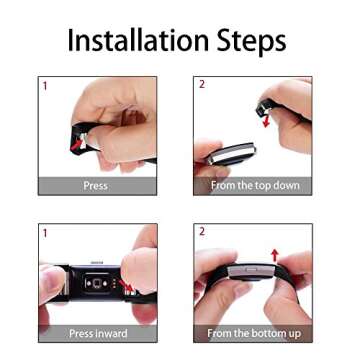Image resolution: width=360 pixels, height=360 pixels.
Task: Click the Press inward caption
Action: [x=98, y=332]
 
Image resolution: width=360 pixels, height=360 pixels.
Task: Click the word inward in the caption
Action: [x=112, y=332]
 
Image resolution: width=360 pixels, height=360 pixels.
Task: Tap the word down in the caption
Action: [x=285, y=186]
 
